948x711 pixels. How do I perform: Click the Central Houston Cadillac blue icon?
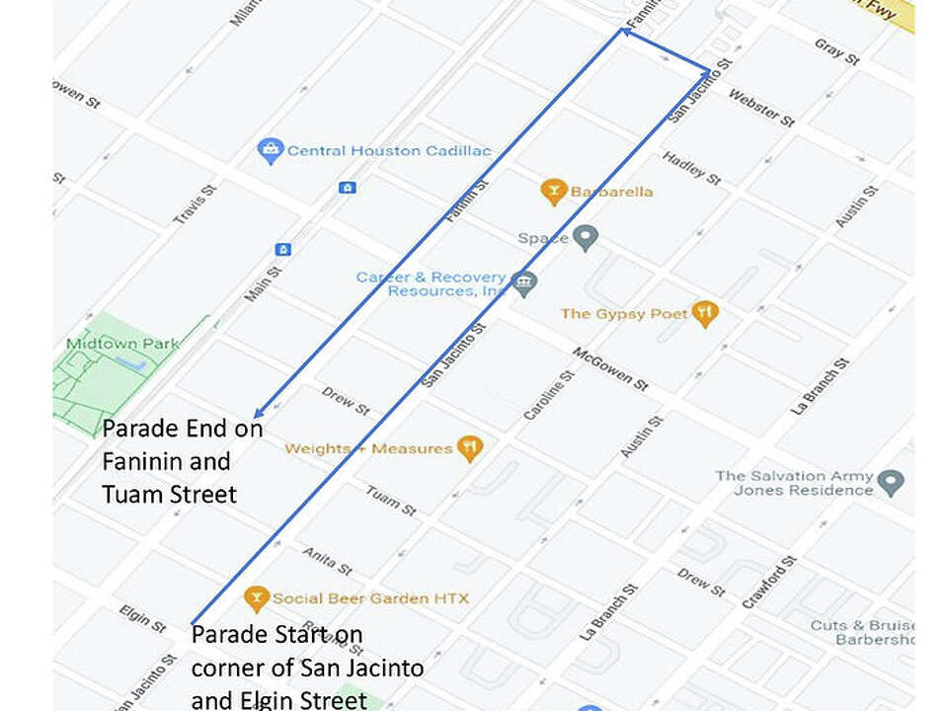(270, 151)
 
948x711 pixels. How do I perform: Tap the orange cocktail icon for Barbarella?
(554, 192)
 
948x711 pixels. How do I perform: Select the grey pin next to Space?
(586, 238)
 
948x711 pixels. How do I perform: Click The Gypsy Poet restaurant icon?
(704, 314)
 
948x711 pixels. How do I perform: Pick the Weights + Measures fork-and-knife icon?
(469, 449)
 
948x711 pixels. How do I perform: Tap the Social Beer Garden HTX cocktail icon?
(257, 598)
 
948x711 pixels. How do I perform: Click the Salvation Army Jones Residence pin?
(891, 483)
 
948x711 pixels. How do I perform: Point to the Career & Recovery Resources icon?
(525, 284)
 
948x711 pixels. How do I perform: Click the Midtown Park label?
(122, 344)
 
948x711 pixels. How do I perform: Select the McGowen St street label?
(610, 368)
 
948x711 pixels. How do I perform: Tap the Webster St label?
(760, 108)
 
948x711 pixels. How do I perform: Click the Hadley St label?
(691, 168)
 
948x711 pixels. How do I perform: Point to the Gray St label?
(836, 51)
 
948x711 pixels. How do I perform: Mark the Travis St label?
(195, 203)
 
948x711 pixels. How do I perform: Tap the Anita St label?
(327, 561)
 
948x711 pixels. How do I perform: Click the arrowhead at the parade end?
(257, 415)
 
